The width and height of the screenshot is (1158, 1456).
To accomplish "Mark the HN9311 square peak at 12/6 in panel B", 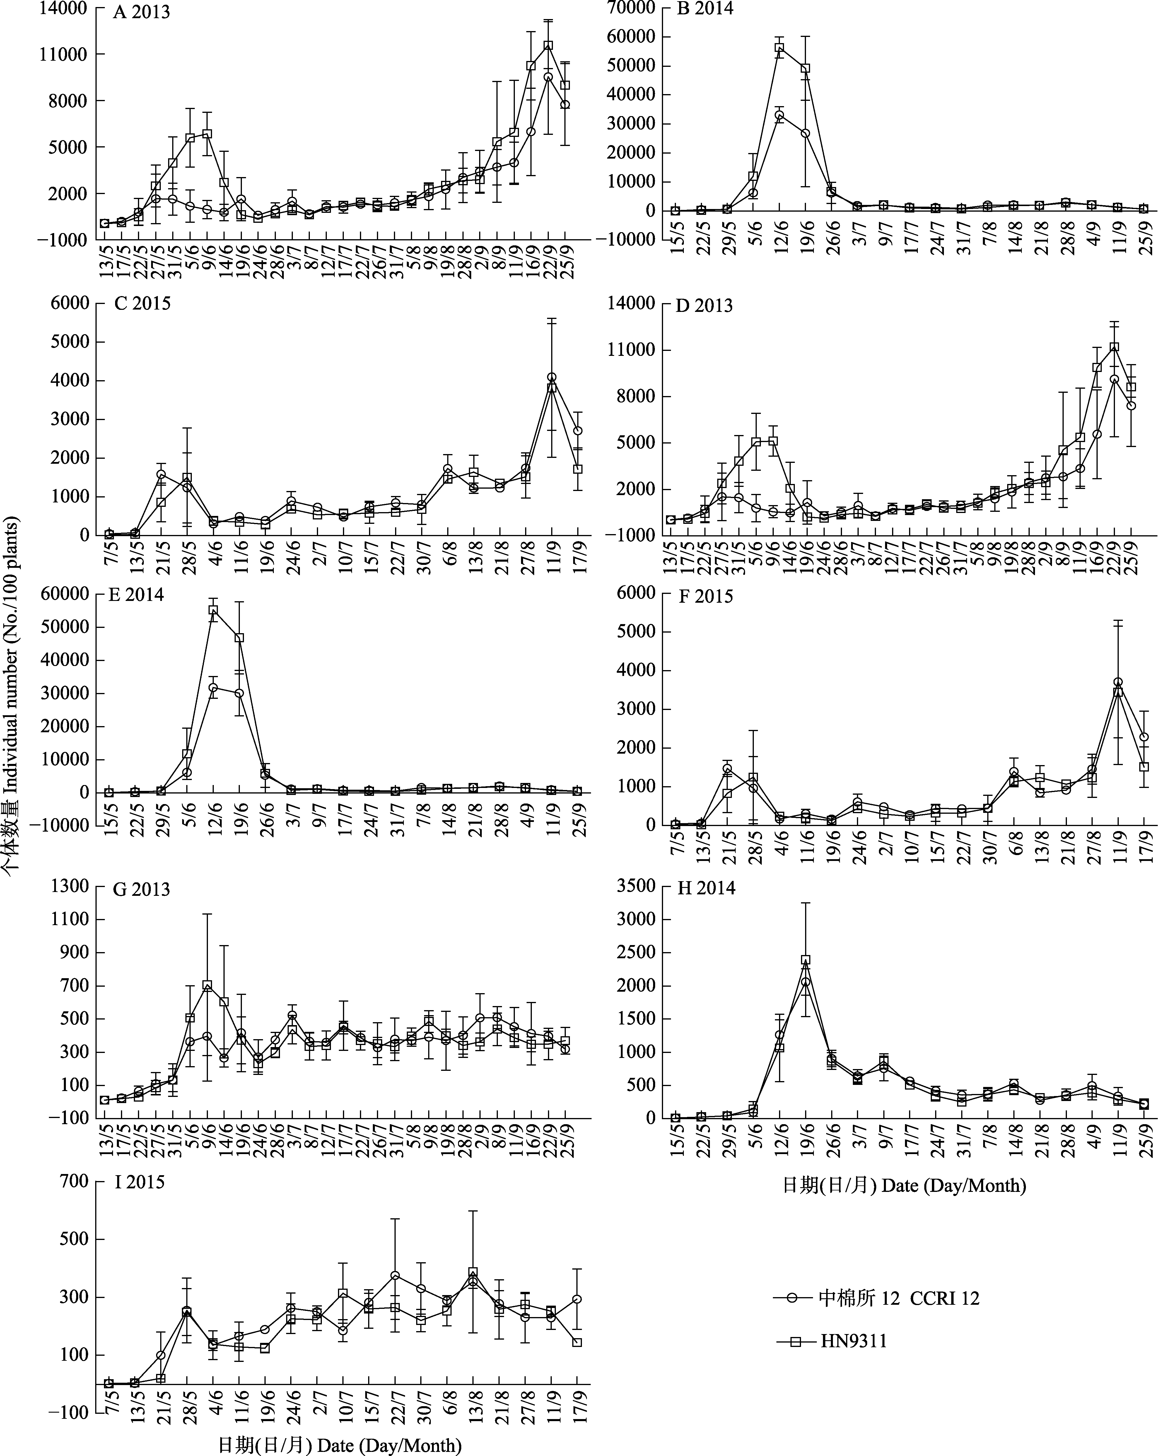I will (x=779, y=47).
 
